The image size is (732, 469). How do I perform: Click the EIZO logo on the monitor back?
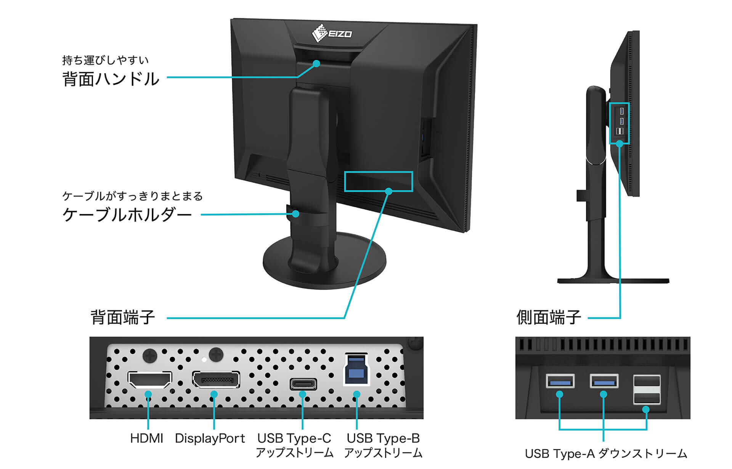tap(331, 33)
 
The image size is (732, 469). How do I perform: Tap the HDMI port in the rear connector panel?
tap(149, 379)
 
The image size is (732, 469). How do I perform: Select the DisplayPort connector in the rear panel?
tap(216, 380)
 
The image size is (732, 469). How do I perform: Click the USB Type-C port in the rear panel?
tap(303, 384)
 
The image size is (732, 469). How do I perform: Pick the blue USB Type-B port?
tap(356, 370)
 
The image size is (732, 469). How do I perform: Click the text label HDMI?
tap(146, 438)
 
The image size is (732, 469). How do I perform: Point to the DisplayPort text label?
tap(210, 438)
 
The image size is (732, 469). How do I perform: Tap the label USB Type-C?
tap(294, 438)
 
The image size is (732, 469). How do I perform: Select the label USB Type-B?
tap(383, 438)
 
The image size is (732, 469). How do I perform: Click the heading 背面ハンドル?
tap(111, 79)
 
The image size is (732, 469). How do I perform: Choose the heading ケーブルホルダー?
tap(127, 214)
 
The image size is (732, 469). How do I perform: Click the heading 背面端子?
tap(122, 318)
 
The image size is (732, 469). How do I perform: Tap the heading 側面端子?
tap(549, 318)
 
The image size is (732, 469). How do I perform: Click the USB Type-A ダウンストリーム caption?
tap(606, 454)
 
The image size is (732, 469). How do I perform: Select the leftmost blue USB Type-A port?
tap(560, 381)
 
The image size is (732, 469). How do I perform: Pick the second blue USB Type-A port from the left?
tap(604, 381)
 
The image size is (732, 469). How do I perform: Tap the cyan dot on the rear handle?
tap(316, 64)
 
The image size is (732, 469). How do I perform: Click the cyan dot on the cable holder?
tap(296, 214)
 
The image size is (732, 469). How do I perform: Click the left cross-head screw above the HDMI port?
tap(149, 356)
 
